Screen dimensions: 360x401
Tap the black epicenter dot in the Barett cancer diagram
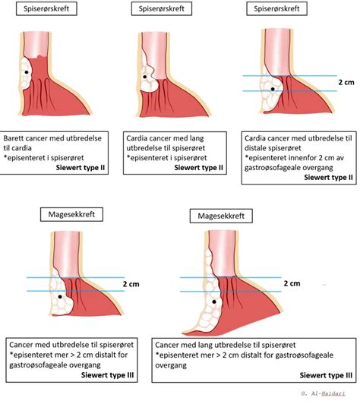tap(27, 72)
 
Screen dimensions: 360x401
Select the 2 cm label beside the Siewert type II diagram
tap(346, 82)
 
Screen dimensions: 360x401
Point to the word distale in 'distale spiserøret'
tap(255, 148)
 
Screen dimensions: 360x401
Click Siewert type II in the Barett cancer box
tap(81, 168)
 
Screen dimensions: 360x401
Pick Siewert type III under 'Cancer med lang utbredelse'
tap(326, 375)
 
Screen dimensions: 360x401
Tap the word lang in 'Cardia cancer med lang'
tap(197, 139)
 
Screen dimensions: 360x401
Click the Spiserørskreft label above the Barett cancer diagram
tap(46, 8)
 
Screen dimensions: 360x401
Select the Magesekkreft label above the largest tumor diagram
tap(221, 216)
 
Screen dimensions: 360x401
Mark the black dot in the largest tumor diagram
tap(214, 302)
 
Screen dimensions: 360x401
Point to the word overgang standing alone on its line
tap(171, 365)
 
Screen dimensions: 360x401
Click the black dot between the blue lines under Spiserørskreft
tap(273, 90)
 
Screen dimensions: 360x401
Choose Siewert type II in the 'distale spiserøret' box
tap(328, 178)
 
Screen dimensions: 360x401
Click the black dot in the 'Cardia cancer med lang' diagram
tap(145, 77)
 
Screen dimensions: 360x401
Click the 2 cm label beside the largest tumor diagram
tap(292, 283)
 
